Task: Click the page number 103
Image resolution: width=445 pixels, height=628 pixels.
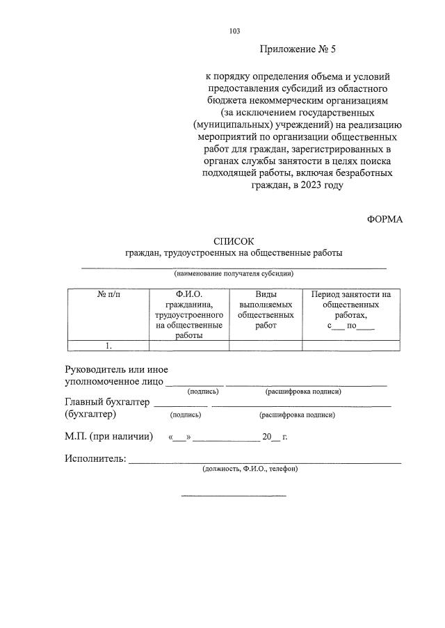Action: coord(234,31)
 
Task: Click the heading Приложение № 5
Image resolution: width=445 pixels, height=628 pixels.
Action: coord(297,49)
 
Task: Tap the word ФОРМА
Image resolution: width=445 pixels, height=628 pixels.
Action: coord(385,219)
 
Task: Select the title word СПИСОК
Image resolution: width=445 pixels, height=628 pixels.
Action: coord(234,241)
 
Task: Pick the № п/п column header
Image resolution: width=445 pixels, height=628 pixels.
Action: coord(108,295)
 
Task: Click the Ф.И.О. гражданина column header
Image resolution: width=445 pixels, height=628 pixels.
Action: coord(189,314)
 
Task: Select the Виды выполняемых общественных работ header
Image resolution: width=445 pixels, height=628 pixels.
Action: coord(266,309)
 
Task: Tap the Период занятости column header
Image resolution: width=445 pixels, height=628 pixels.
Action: coord(350,309)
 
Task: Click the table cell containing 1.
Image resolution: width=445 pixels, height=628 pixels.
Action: coord(108,346)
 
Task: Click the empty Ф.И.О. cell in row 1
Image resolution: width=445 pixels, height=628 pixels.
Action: coord(189,346)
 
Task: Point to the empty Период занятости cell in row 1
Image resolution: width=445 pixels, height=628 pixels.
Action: coord(350,346)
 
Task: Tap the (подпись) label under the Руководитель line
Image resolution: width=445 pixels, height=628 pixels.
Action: coord(204,392)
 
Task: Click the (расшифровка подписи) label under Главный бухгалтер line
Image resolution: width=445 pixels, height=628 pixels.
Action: coord(297,415)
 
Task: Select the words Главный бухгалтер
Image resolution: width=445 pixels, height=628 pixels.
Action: coord(107,402)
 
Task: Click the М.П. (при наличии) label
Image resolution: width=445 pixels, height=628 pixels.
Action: coord(108,437)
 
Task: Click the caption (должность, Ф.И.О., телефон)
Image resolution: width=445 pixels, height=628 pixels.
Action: coord(250,469)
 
